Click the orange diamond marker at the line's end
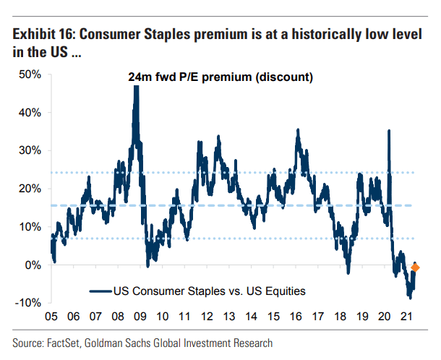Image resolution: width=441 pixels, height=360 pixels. click(x=415, y=268)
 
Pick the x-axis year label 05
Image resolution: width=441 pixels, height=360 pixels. click(x=51, y=317)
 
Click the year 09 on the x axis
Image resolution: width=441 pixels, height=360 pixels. click(x=140, y=317)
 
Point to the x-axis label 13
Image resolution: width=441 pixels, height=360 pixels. click(x=228, y=317)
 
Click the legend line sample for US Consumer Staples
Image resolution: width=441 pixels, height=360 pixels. click(x=100, y=291)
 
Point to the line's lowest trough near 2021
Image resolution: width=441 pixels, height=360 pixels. click(x=410, y=296)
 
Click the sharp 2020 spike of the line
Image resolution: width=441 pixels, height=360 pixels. click(x=389, y=132)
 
